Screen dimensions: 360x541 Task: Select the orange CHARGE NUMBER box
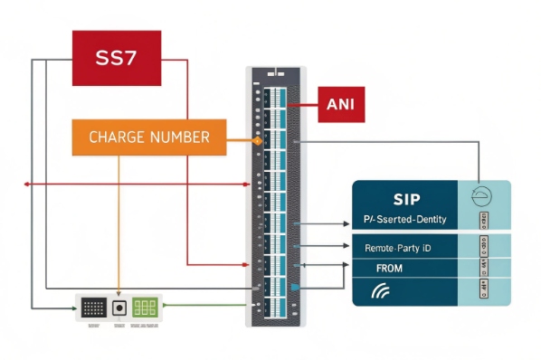[148, 137]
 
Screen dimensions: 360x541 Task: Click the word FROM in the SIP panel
[389, 268]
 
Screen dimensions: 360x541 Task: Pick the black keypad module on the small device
[93, 308]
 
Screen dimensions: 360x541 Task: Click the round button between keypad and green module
[119, 308]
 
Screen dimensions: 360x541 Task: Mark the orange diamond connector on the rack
[257, 142]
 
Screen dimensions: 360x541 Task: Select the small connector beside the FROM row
[483, 267]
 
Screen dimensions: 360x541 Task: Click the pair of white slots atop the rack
[278, 73]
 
